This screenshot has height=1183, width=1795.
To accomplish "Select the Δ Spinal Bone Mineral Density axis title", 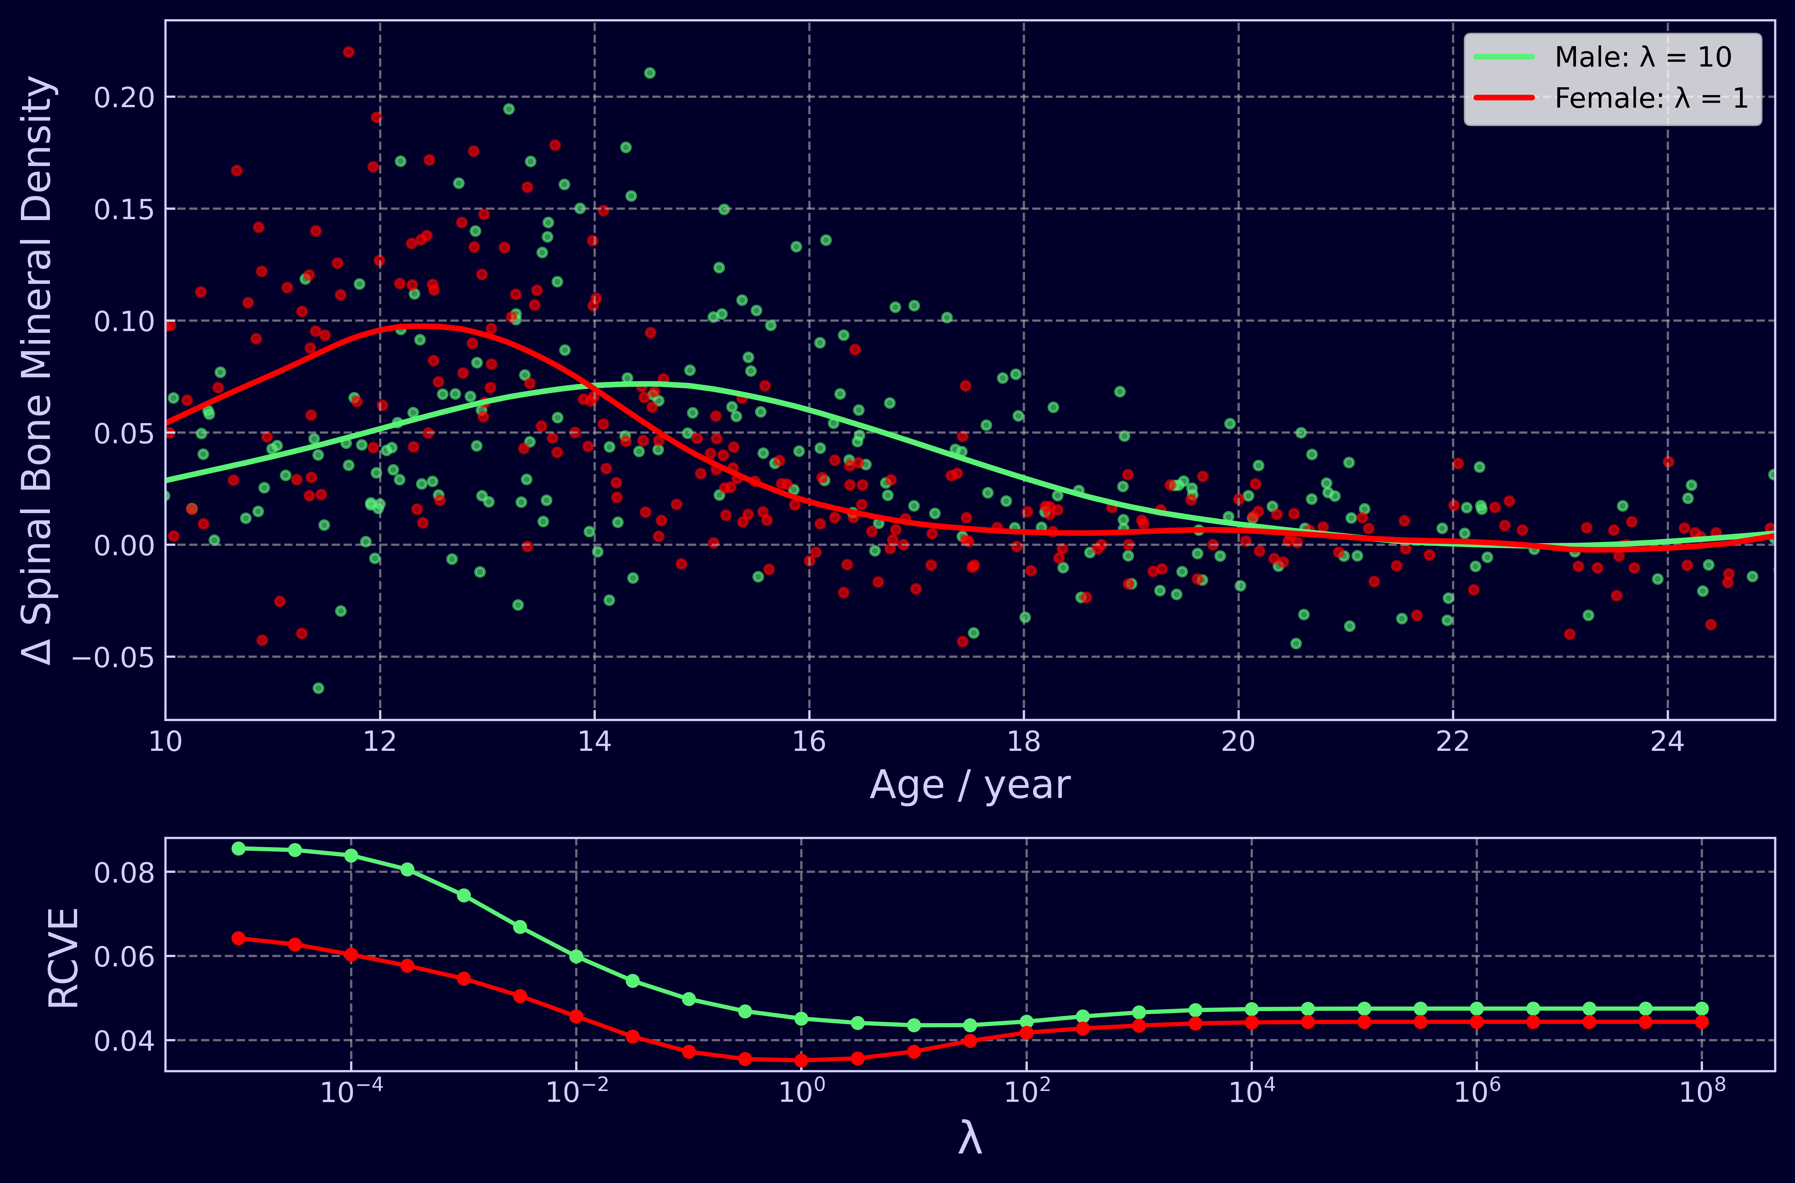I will click(38, 370).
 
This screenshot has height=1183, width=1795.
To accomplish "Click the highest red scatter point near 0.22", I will click(349, 52).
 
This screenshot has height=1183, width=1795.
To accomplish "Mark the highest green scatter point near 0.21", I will click(649, 73).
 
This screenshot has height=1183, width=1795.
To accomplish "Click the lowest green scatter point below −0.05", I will click(318, 688).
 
